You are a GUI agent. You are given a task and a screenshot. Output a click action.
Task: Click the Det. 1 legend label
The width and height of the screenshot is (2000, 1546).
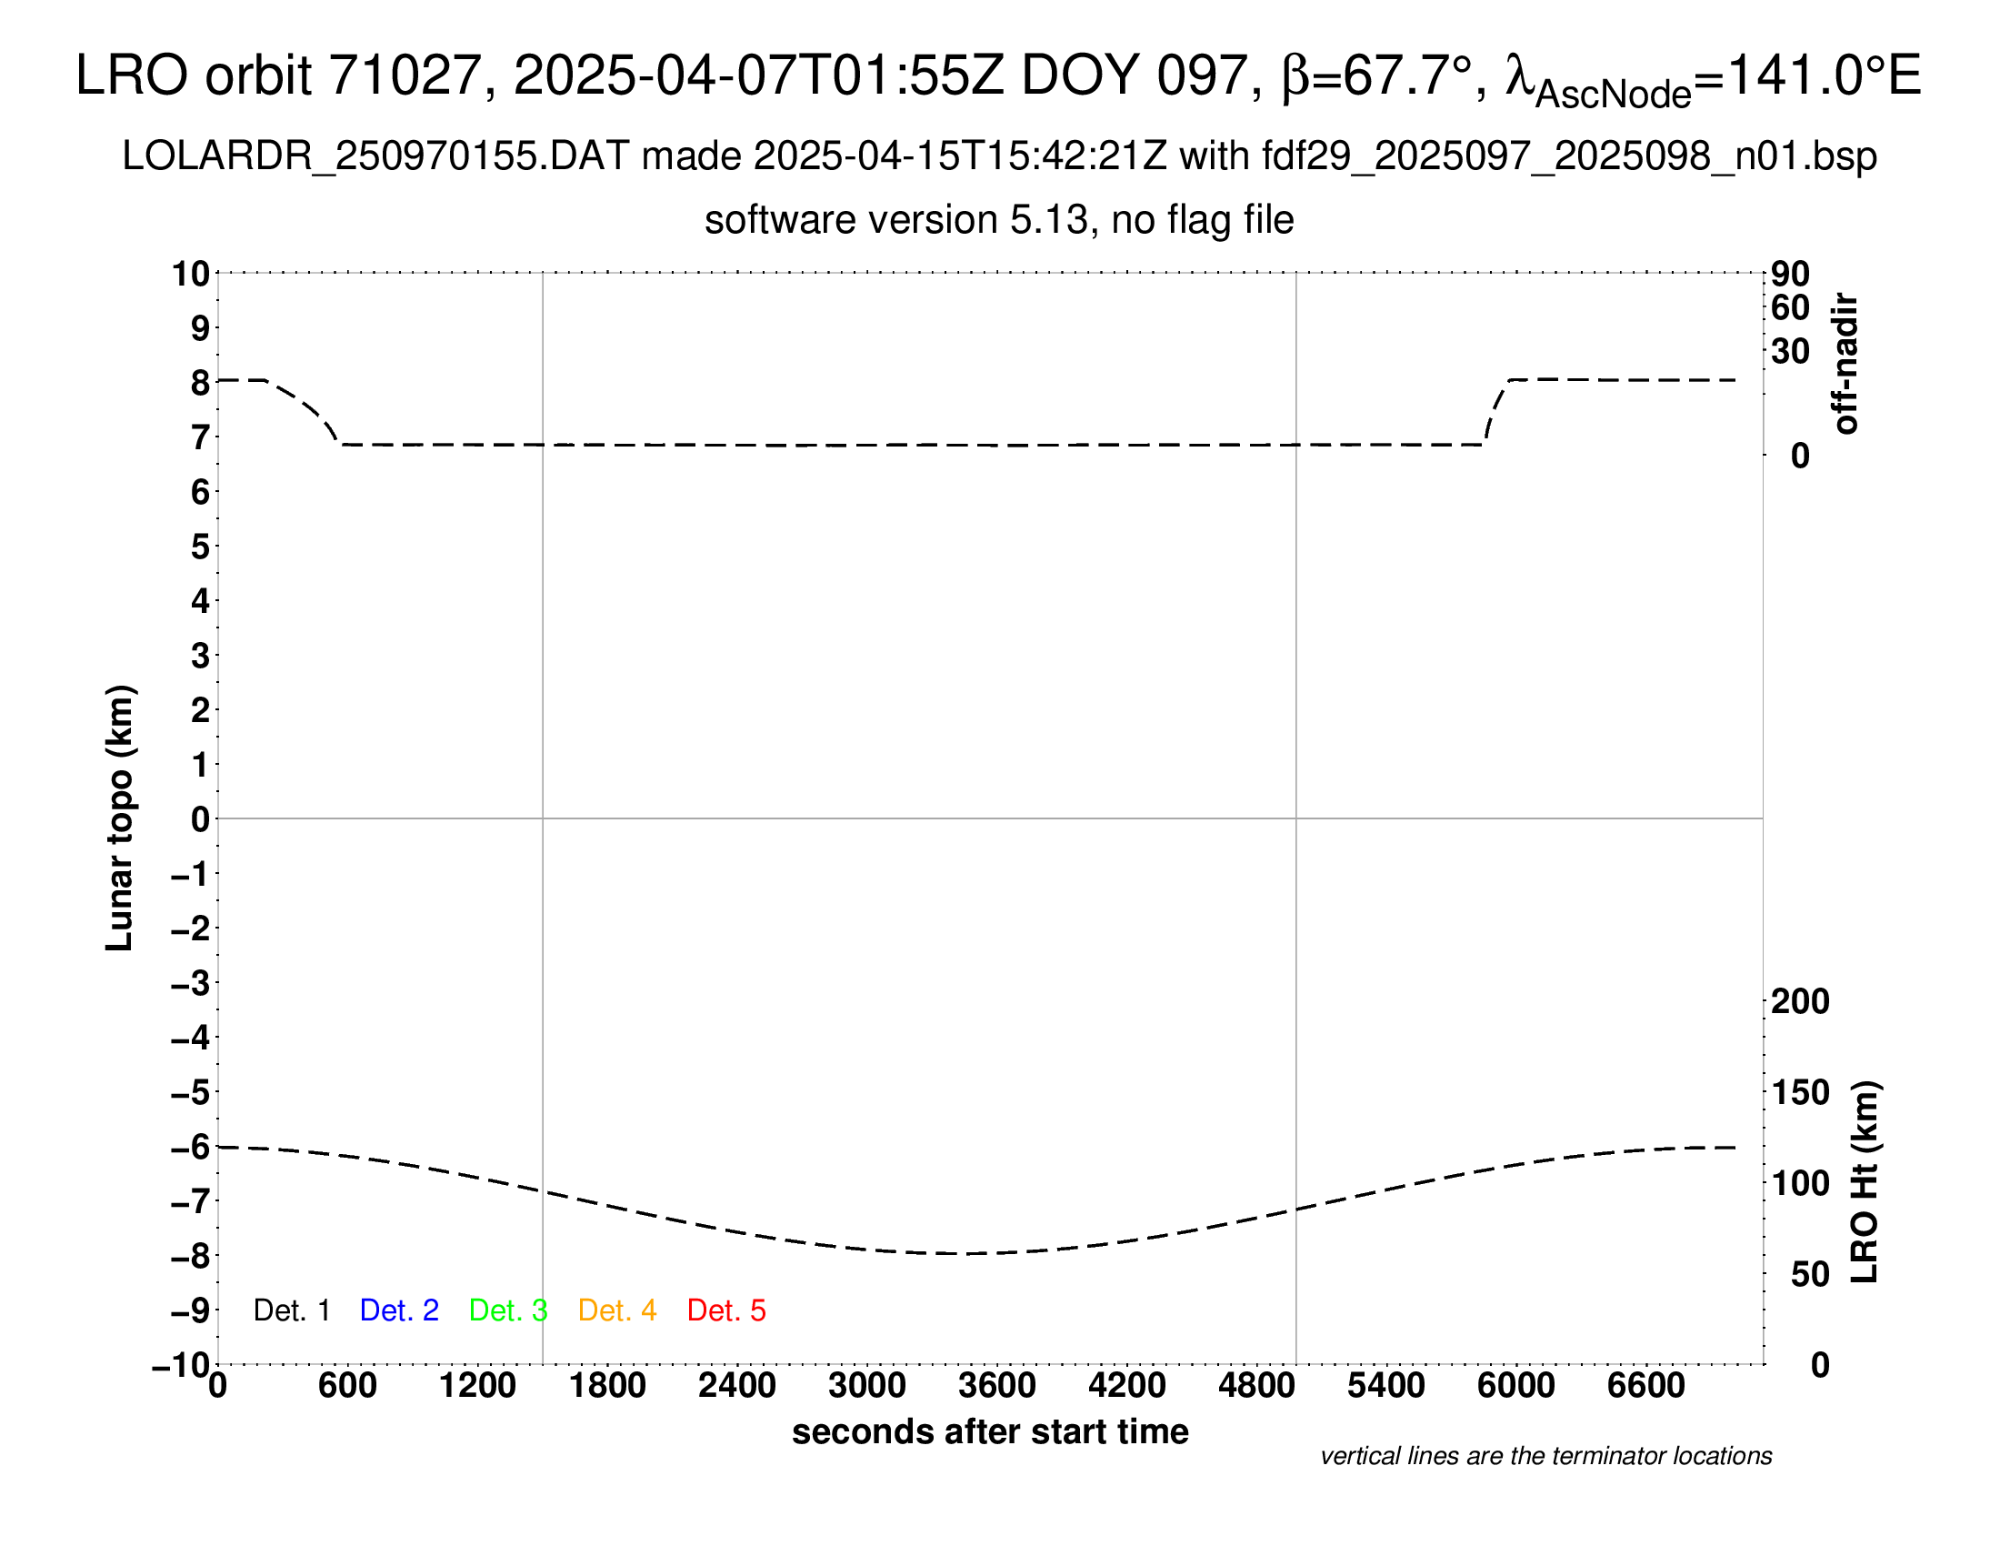(291, 1310)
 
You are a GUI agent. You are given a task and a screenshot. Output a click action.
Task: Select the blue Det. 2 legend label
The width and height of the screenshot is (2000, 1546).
(399, 1310)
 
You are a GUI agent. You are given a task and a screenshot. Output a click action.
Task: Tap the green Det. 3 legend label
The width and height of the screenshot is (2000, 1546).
(508, 1310)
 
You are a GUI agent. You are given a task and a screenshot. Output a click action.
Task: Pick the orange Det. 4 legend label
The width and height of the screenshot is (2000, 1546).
(617, 1310)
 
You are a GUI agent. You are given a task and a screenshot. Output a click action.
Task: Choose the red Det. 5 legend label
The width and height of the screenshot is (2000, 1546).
(726, 1310)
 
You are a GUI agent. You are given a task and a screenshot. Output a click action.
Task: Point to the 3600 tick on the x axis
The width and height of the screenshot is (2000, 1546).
(997, 1385)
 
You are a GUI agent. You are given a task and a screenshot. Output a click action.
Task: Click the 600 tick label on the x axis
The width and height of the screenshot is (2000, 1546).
(347, 1385)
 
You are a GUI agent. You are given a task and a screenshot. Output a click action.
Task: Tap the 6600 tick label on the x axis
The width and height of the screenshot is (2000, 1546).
(1645, 1385)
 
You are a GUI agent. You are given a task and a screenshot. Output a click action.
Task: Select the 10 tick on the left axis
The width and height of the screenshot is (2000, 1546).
(191, 273)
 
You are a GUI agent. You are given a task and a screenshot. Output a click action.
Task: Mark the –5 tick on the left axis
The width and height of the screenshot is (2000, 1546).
(191, 1092)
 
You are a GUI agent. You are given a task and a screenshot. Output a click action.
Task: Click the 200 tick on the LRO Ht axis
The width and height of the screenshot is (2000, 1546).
(1800, 1001)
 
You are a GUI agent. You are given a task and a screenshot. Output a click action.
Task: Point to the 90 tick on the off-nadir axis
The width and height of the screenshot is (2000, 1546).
(1790, 273)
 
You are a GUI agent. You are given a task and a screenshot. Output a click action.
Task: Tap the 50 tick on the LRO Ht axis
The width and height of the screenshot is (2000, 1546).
(1809, 1274)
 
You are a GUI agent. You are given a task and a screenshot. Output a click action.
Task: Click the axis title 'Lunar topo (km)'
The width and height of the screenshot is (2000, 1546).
(120, 818)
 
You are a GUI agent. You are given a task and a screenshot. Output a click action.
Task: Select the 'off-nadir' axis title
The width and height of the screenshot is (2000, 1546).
(1845, 364)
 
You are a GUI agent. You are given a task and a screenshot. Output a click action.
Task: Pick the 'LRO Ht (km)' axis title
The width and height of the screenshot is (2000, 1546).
(1865, 1182)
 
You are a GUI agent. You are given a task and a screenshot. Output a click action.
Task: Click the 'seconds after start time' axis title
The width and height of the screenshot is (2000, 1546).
(990, 1431)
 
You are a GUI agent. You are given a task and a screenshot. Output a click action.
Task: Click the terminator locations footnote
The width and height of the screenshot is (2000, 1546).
(1545, 1456)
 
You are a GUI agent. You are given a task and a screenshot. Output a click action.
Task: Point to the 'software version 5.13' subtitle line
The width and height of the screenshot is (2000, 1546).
(999, 220)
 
